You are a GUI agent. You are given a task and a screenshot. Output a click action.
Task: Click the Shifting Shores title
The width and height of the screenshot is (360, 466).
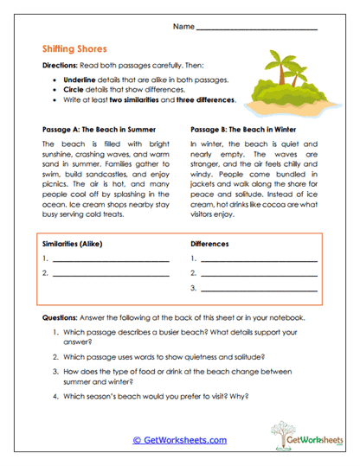pos(71,50)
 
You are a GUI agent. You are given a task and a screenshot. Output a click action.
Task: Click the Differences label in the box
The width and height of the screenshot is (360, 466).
pos(209,244)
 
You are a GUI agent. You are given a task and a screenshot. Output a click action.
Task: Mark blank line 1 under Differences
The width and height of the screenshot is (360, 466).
pos(258,260)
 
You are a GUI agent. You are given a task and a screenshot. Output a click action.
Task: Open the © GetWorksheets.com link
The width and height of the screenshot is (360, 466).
pos(180,439)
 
